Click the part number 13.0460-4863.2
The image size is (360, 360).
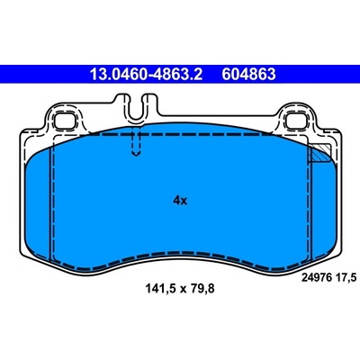(x=147, y=74)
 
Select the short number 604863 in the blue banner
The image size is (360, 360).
(x=248, y=74)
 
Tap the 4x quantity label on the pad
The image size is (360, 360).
(x=180, y=200)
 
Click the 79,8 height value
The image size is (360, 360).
(x=202, y=289)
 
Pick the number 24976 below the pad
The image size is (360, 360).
(x=316, y=278)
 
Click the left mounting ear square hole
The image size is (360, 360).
(x=65, y=121)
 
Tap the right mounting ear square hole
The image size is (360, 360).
(x=296, y=121)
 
